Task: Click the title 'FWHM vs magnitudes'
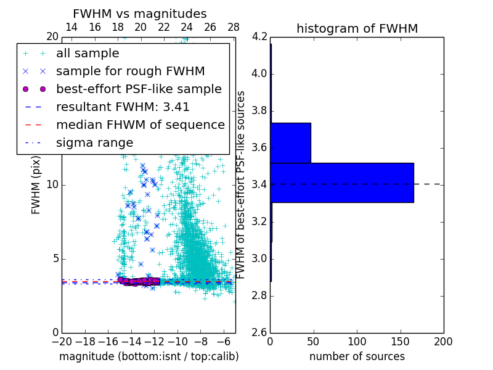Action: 140,14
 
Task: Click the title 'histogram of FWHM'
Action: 357,28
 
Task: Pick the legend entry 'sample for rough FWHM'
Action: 130,71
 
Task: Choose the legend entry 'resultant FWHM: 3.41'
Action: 123,107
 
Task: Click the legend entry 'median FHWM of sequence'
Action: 140,125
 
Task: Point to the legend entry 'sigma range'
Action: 94,142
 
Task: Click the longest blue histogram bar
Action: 342,183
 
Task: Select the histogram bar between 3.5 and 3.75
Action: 290,142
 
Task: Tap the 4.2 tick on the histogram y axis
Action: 259,37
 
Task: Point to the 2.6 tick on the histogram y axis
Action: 259,332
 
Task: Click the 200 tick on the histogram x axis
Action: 443,342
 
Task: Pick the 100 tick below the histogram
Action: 357,342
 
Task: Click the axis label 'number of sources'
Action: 357,356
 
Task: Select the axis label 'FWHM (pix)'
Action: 36,184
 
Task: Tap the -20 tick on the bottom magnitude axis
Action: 62,342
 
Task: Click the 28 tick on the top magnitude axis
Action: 234,28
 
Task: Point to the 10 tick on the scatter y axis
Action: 53,185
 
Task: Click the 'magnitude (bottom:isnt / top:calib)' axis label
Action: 149,356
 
